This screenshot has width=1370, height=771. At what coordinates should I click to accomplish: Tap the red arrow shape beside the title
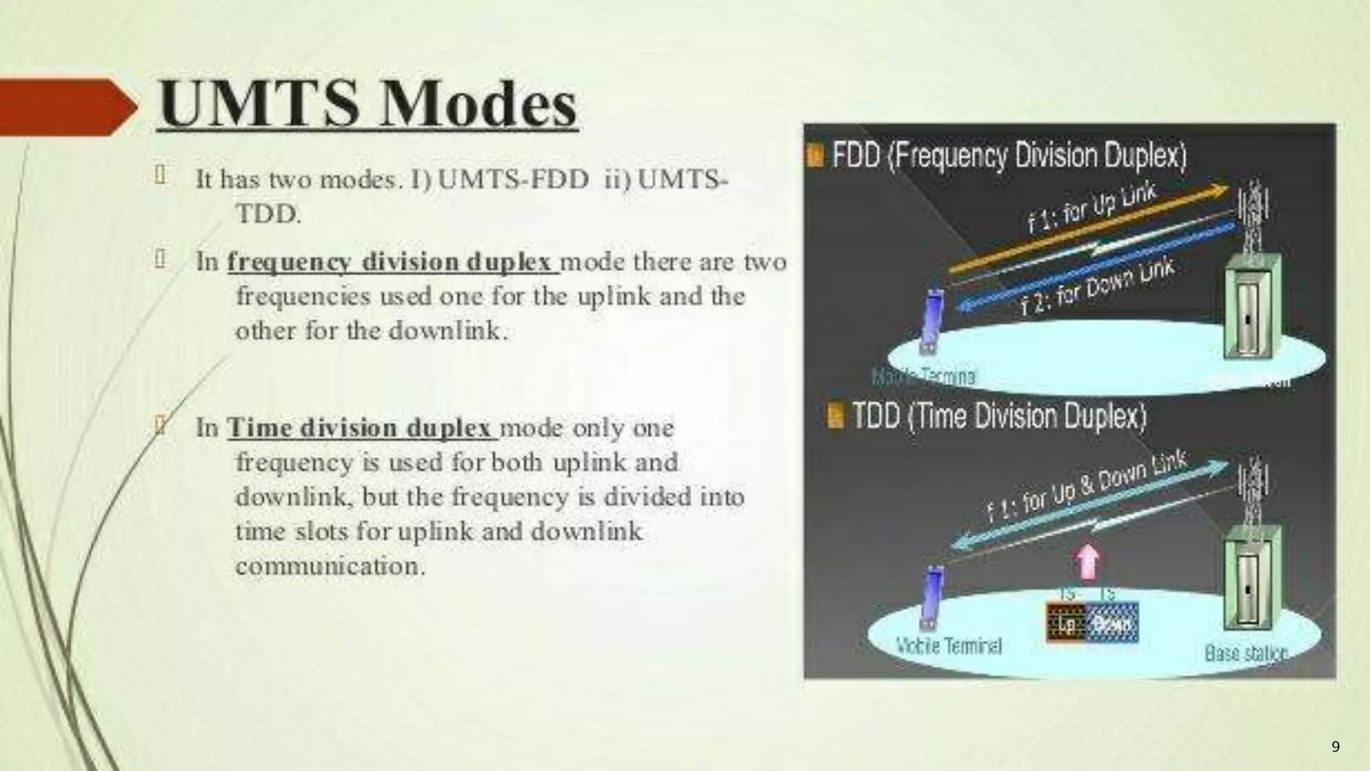point(67,106)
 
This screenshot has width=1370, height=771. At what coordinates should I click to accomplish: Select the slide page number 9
point(1335,747)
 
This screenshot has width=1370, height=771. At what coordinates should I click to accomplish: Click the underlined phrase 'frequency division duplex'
point(392,262)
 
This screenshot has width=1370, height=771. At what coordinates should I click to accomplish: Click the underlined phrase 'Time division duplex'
point(361,428)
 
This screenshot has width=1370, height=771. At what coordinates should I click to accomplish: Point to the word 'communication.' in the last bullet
point(330,566)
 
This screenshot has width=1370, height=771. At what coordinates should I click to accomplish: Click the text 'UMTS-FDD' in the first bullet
point(513,179)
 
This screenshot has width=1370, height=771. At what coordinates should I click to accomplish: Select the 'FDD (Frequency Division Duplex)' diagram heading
point(1008,156)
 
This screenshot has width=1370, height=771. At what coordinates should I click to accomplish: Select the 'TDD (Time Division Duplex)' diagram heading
point(999,416)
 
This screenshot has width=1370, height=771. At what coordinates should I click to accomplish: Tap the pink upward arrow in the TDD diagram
point(1088,562)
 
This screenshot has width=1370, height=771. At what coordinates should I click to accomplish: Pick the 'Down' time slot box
point(1112,624)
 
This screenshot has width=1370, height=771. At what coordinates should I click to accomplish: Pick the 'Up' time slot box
point(1066,624)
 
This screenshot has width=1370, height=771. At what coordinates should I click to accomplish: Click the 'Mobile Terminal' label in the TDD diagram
point(949,646)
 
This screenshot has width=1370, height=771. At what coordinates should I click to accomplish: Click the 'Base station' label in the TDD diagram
point(1246,652)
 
